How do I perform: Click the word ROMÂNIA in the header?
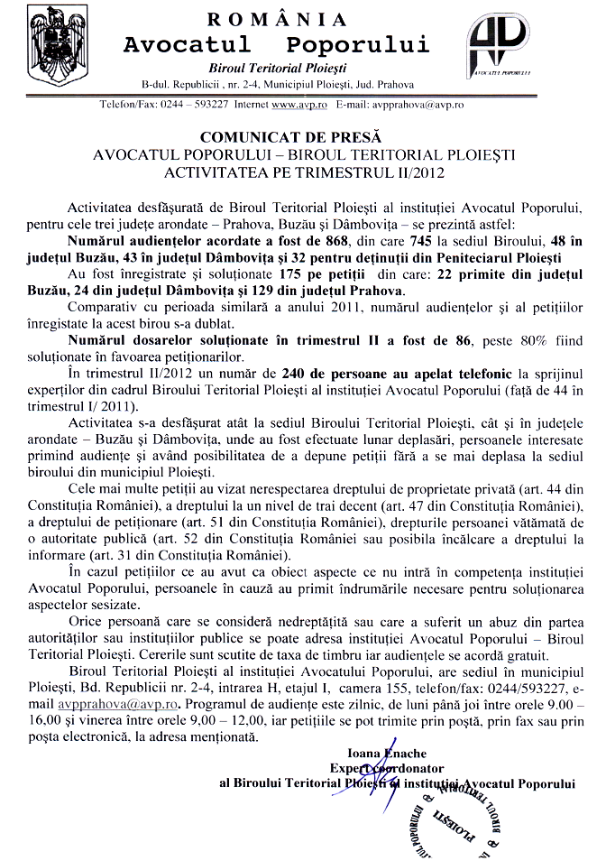(x=276, y=19)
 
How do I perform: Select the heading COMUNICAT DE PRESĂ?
(x=304, y=139)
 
